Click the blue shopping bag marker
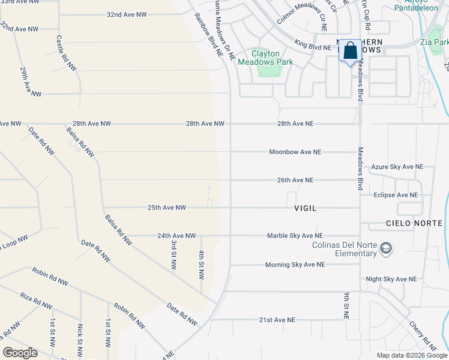coord(351,51)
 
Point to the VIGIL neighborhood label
coord(305,208)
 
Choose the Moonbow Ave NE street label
coord(295,152)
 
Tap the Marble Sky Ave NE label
coord(295,236)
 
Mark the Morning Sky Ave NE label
coord(295,265)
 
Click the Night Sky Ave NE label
coord(391,280)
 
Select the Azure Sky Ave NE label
coord(397,167)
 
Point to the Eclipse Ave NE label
coord(394,195)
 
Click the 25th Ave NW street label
coord(166,208)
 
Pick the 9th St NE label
coord(346,305)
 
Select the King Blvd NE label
coord(312,45)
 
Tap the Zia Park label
coord(434,43)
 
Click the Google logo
coord(20,353)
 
